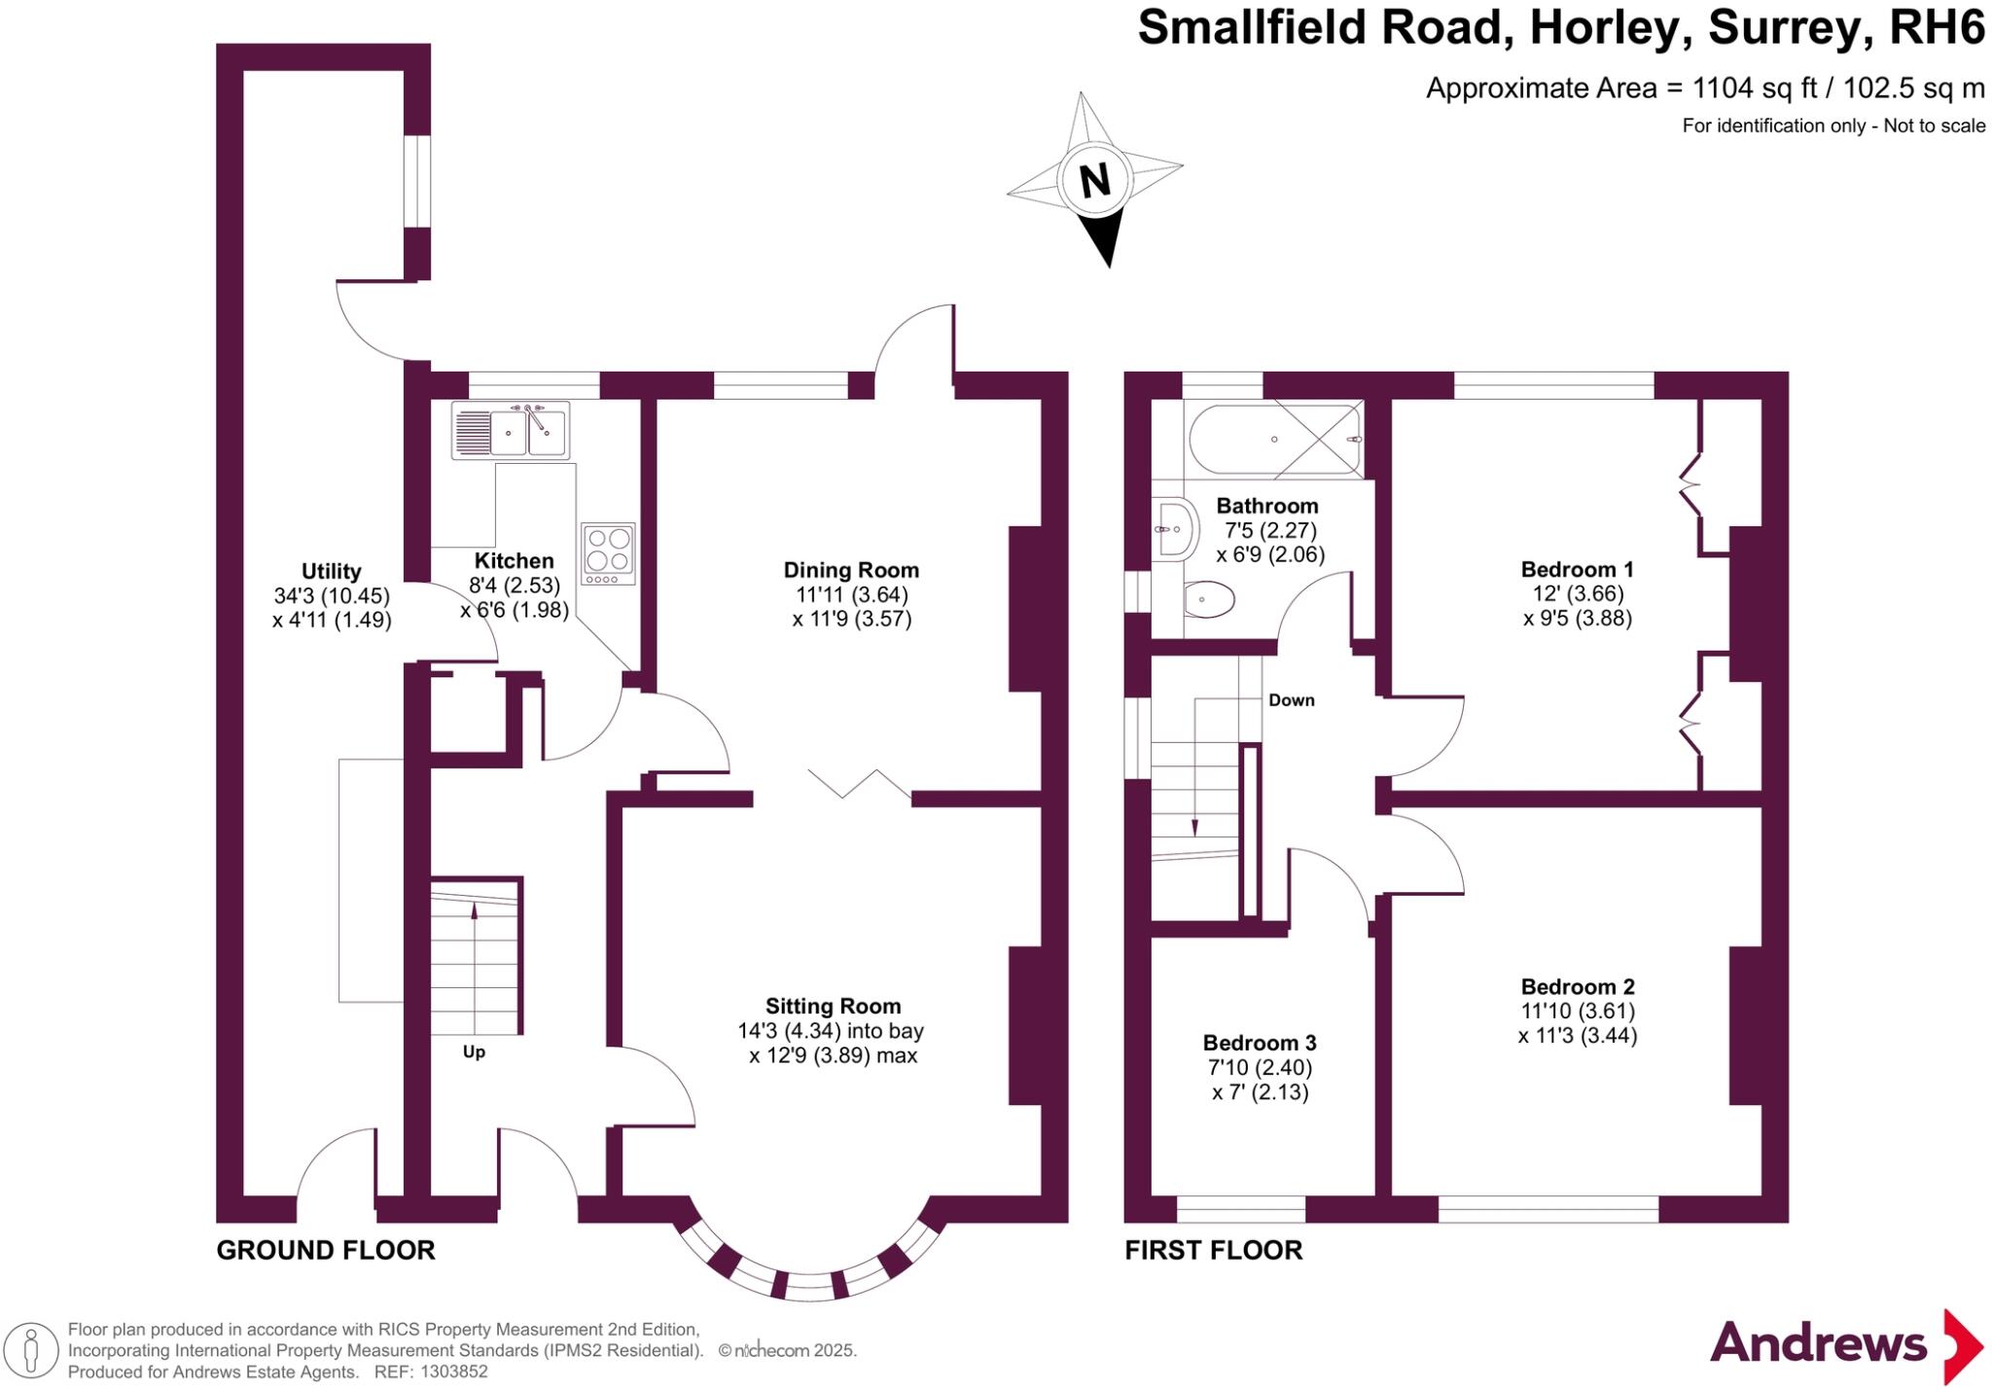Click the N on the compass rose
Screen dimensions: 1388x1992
coord(1095,180)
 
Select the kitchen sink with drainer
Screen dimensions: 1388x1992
coord(511,430)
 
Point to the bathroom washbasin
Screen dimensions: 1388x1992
coord(1172,530)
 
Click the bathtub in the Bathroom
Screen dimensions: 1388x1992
coord(1274,440)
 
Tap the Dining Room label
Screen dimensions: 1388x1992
coord(851,570)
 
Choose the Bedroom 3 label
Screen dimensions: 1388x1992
coord(1260,1043)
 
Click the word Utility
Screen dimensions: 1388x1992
coord(331,571)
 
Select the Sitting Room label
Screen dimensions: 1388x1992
coord(833,1006)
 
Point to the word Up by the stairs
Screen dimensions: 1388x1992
coord(474,1051)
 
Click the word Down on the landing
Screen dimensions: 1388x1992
coord(1291,700)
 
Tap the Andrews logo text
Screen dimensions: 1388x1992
coord(1818,1343)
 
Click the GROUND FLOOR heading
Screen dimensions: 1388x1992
coord(326,1250)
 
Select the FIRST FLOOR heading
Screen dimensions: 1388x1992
coord(1213,1250)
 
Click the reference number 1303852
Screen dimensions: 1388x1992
coord(453,1371)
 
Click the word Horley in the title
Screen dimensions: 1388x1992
coord(1604,27)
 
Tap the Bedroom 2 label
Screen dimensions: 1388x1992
coord(1578,987)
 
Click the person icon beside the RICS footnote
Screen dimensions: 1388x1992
coord(31,1351)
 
